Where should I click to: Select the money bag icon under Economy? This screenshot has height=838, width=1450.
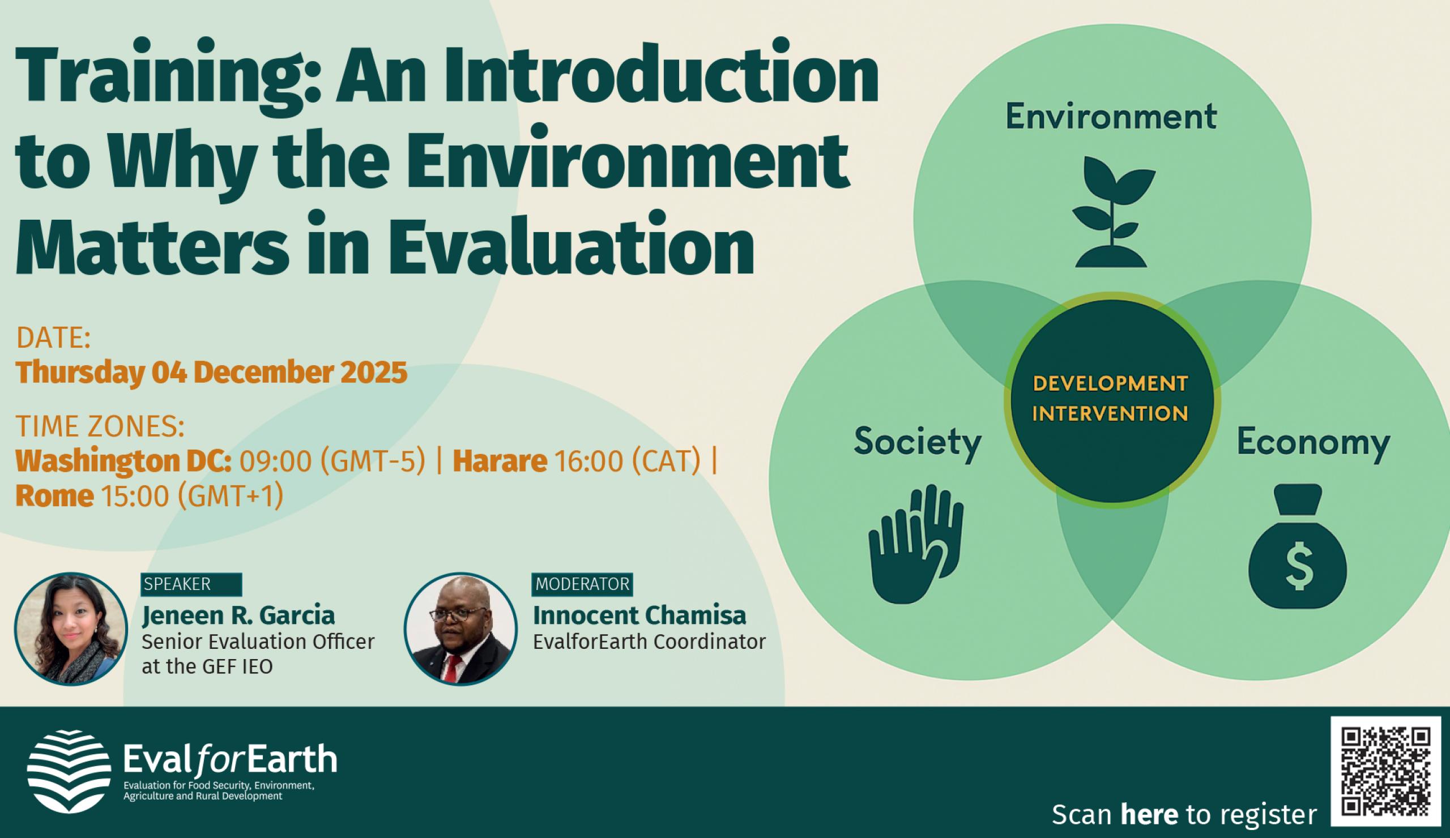(x=1298, y=546)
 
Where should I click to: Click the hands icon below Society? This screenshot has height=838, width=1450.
(x=915, y=544)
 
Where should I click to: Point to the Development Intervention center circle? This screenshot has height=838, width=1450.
(x=1111, y=400)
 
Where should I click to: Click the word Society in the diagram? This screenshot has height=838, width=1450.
(x=917, y=442)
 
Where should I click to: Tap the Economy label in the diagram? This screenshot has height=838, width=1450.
(x=1313, y=442)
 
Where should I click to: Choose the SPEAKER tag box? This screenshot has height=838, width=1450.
(x=191, y=584)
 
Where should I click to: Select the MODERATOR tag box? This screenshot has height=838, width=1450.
(x=582, y=584)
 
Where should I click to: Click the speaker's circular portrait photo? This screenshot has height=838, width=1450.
(x=71, y=628)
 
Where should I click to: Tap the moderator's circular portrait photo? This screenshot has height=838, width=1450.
(x=460, y=628)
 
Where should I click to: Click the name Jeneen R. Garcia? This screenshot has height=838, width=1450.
(x=238, y=615)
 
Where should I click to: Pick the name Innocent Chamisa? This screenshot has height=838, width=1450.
(x=639, y=615)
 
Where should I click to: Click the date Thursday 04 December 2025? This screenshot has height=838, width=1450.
(x=211, y=372)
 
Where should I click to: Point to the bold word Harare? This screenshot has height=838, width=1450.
(x=500, y=461)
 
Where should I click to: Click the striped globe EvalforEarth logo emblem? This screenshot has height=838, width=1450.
(x=69, y=771)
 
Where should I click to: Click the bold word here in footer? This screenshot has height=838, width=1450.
(x=1149, y=814)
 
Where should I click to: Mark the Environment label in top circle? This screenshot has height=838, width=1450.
(x=1111, y=117)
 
